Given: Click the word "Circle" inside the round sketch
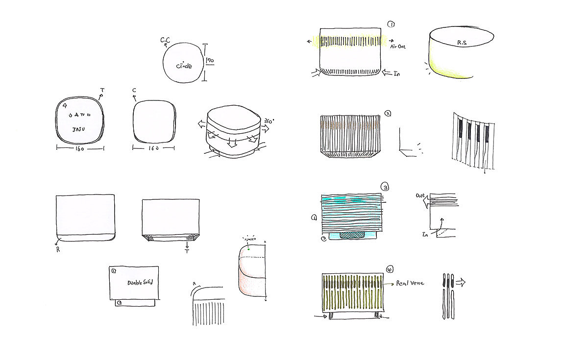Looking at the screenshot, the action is (x=184, y=66).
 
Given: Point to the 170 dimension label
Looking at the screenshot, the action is (x=210, y=61).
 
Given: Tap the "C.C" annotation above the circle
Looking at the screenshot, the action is (x=165, y=39).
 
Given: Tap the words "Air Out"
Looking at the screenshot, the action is (x=398, y=46).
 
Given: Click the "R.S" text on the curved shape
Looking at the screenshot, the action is (x=462, y=43).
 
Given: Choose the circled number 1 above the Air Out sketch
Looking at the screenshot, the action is (x=391, y=24).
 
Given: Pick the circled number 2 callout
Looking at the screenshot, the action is (x=388, y=113).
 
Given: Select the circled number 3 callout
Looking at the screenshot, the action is (x=386, y=187).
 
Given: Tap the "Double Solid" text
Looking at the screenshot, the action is (x=140, y=283).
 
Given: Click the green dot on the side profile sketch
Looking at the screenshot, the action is (x=249, y=249).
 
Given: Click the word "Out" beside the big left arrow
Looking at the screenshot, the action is (x=420, y=195).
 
